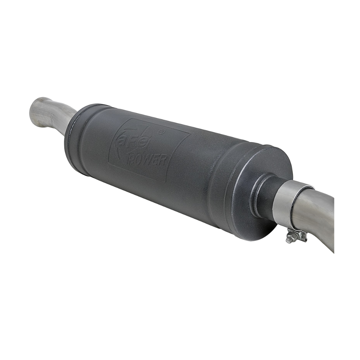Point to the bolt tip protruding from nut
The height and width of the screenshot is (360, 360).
click(x=287, y=241)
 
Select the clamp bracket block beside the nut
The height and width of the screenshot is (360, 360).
click(x=300, y=235)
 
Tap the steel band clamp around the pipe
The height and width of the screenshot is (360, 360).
click(x=283, y=203)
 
